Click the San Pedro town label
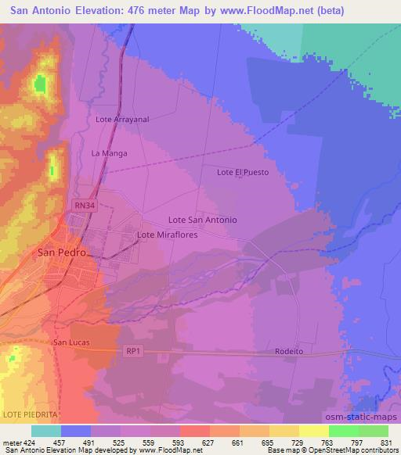(60, 253)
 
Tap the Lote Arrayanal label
(121, 120)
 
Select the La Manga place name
(109, 153)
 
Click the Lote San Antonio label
(203, 220)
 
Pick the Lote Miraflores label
(167, 235)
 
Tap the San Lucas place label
(72, 342)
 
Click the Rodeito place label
(289, 352)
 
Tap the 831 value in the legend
(388, 442)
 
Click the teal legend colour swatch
(45, 431)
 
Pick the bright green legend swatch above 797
(343, 431)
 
